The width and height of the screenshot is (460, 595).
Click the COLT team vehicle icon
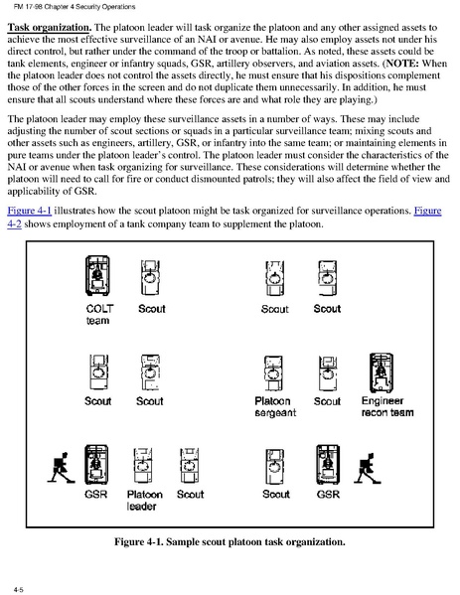[x=98, y=275]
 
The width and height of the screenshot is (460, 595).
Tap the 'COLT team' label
[x=99, y=315]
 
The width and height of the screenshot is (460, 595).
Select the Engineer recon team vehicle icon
[x=382, y=372]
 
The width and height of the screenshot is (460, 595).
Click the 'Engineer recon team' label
[x=387, y=406]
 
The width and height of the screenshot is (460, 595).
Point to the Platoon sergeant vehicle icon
[x=273, y=372]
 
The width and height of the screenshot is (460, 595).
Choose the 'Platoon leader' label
[x=145, y=500]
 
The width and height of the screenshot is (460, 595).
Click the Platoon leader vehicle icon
[x=142, y=465]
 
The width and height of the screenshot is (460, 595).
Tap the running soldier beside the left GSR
[x=61, y=468]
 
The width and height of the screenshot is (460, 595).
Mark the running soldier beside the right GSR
[x=367, y=468]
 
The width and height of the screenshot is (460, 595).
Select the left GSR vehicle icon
[x=96, y=465]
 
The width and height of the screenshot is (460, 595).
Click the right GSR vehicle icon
[x=328, y=465]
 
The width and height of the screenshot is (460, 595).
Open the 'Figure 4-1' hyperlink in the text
[x=30, y=211]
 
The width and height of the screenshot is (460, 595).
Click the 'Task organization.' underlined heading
[x=50, y=28]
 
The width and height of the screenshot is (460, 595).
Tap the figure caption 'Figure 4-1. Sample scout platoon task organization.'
[x=230, y=541]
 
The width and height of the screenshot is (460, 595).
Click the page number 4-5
[x=19, y=589]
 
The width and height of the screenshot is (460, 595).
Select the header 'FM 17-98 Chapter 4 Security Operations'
[x=75, y=6]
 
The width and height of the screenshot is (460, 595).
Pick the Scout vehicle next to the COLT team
[x=150, y=277]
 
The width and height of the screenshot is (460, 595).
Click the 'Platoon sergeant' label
[x=275, y=407]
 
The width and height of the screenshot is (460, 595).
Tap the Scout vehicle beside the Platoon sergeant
[x=328, y=372]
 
